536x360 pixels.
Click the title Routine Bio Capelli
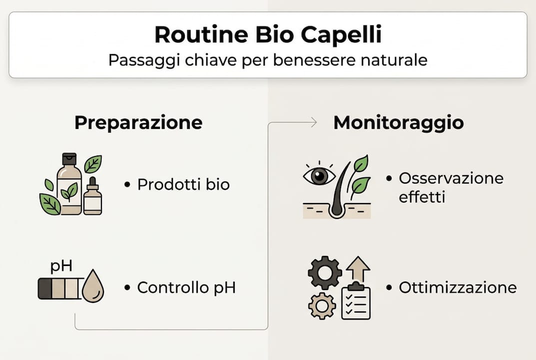pos(268,35)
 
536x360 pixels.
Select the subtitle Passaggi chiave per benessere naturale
pos(268,60)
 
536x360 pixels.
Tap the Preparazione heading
pos(138,122)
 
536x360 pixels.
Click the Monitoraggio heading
pos(398,122)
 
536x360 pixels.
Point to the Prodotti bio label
pos(183,184)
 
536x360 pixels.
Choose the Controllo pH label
pos(186,287)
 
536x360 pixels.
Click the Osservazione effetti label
pos(451,187)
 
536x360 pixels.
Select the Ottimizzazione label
pos(457,287)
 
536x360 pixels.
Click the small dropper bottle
pos(92,197)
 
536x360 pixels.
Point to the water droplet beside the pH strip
pos(92,286)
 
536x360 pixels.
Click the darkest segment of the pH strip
pos(44,288)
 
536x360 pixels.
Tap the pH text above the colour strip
pos(61,266)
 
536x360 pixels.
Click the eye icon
pos(319,175)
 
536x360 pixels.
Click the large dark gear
pos(325,272)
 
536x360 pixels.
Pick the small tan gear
pos(322,305)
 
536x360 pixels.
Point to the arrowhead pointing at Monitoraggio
pos(313,122)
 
